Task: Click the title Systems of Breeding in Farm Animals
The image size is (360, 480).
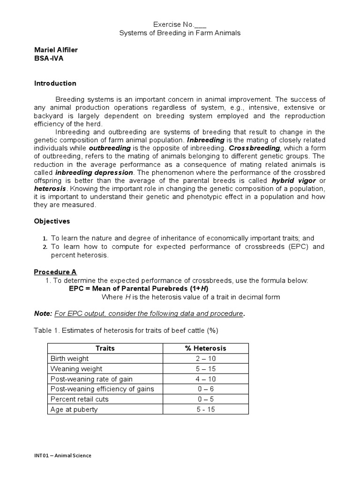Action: (x=180, y=33)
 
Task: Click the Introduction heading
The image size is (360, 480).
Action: (x=55, y=83)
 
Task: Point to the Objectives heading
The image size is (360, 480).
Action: (x=52, y=221)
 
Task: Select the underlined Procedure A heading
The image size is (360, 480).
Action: (x=55, y=272)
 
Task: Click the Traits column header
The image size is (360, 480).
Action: (x=105, y=348)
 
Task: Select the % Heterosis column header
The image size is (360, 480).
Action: (x=205, y=348)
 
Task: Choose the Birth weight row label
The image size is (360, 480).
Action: (x=69, y=359)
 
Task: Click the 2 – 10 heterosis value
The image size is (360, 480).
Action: (x=205, y=359)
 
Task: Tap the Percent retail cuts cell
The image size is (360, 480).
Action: (x=79, y=399)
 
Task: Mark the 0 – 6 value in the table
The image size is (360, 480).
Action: (x=205, y=389)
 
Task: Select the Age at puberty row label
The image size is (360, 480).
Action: (x=74, y=410)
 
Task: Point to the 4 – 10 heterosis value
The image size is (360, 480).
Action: (x=205, y=379)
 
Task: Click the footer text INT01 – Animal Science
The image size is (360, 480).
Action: (x=63, y=455)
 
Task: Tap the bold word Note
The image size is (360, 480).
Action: (x=42, y=313)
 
